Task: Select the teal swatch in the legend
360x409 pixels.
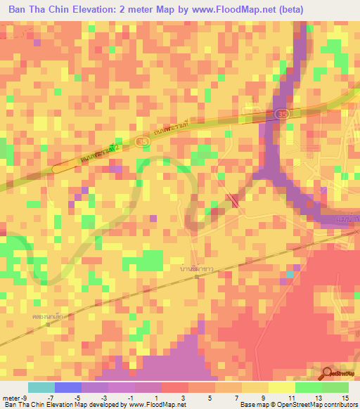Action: click(41, 387)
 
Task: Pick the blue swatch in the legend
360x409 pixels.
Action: click(67, 387)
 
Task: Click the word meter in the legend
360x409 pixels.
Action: click(13, 398)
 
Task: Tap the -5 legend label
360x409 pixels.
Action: click(80, 398)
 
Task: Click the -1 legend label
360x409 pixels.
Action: click(133, 398)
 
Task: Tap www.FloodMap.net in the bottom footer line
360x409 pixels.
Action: click(155, 405)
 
